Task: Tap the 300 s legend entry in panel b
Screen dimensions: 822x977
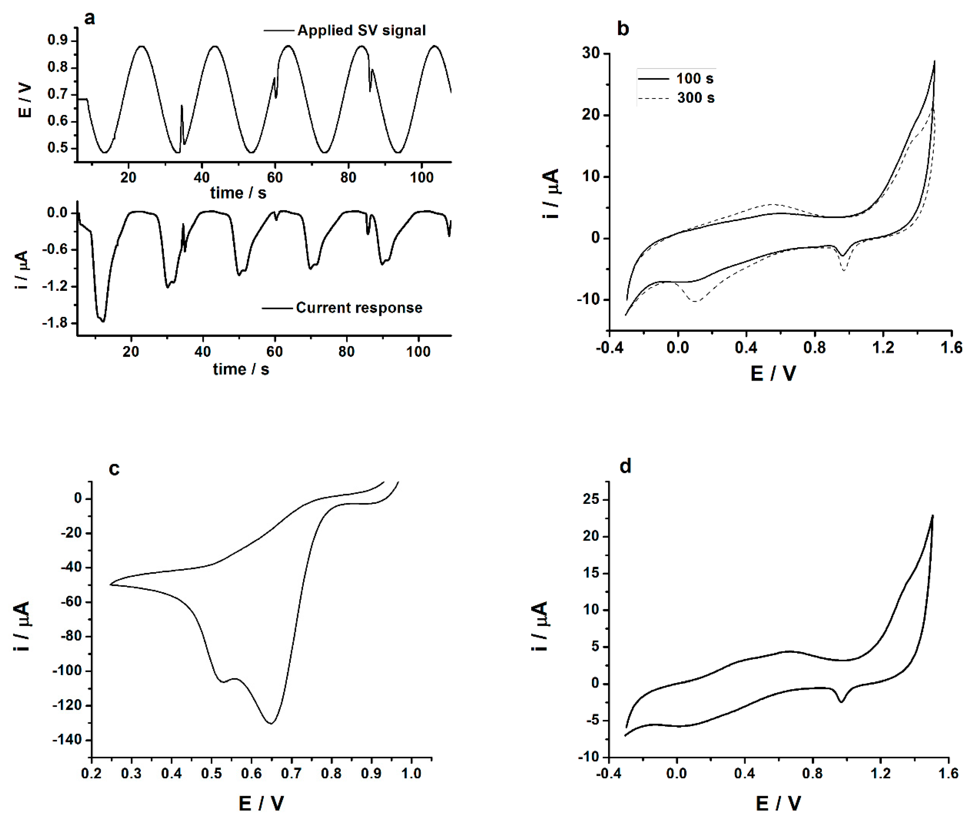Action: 695,98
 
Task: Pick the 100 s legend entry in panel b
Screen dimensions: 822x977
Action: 694,78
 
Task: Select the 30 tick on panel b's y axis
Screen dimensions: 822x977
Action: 591,54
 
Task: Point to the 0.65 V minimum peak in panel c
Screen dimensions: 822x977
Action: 271,723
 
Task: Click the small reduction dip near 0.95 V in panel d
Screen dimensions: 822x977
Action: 841,702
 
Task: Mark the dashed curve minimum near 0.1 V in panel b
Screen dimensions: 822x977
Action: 695,302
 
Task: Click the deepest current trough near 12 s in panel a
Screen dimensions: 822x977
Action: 103,321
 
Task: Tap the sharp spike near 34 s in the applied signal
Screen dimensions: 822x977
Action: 182,106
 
